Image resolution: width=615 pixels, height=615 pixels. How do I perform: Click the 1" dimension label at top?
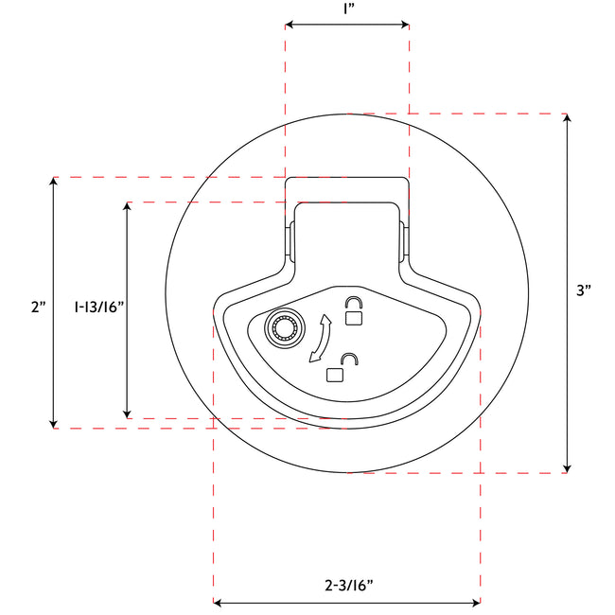tap(347, 9)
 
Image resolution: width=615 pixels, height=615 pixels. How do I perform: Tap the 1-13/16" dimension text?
tap(98, 307)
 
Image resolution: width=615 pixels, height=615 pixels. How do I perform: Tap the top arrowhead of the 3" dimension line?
tap(567, 120)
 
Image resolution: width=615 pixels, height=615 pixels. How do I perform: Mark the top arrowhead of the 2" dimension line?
tap(54, 183)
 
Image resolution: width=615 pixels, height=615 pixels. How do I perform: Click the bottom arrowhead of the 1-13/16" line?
tap(127, 413)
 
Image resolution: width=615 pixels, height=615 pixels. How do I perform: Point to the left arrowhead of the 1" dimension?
tap(290, 26)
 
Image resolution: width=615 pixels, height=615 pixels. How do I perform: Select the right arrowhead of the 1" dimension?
tap(404, 26)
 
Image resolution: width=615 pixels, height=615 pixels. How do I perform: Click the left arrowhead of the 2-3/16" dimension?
tap(220, 602)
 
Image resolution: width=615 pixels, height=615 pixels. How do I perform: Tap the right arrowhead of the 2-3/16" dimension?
tap(475, 602)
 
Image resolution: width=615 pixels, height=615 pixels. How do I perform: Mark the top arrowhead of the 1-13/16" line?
tap(127, 207)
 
